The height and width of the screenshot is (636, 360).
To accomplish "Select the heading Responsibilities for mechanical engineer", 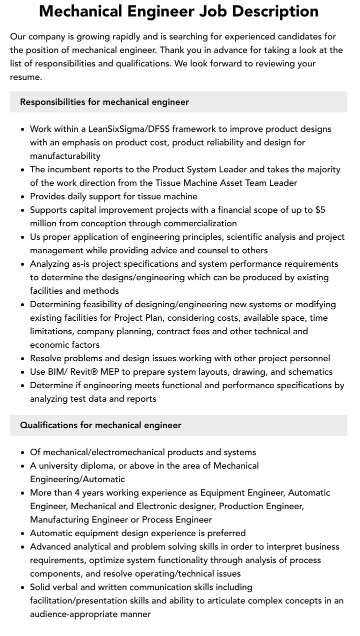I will pyautogui.click(x=104, y=102).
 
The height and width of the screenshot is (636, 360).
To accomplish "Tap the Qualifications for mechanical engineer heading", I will pyautogui.click(x=100, y=425).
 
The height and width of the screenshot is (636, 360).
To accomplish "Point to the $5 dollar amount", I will pyautogui.click(x=320, y=210).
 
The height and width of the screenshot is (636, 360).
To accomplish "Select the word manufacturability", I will pyautogui.click(x=65, y=156).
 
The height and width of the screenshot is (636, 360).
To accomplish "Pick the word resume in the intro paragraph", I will pyautogui.click(x=26, y=77).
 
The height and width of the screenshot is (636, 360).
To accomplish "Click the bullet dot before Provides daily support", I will pyautogui.click(x=23, y=197).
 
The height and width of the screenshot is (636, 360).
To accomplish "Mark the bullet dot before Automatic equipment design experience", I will pyautogui.click(x=23, y=534).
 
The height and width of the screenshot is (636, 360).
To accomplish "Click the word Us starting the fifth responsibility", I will pyautogui.click(x=35, y=237).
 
